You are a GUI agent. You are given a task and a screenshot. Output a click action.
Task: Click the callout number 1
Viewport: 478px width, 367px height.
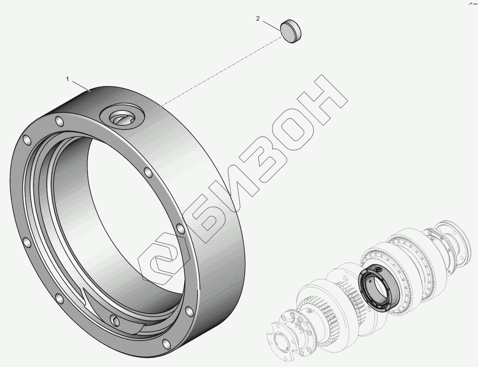[x=67, y=79]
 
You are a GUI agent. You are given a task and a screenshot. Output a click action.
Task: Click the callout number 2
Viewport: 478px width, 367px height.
[x=258, y=19]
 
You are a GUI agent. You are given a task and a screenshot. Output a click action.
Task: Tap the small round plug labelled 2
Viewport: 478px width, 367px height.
[x=291, y=31]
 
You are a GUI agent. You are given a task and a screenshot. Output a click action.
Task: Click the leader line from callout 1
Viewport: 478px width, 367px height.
[x=81, y=86]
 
